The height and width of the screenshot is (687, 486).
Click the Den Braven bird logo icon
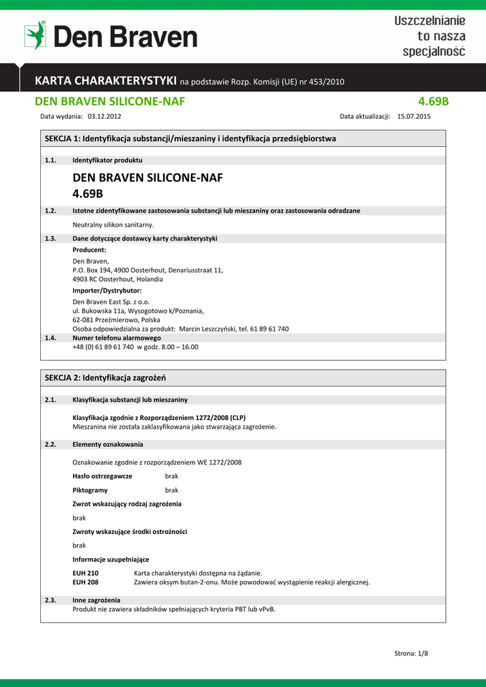(35, 36)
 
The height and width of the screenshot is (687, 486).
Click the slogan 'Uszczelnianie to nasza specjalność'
(430, 36)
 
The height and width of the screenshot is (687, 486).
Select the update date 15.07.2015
(414, 116)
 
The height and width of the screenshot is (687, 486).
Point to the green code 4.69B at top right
(433, 101)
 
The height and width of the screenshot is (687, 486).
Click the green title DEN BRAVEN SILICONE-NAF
(109, 101)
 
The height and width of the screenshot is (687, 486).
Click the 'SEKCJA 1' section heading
(190, 138)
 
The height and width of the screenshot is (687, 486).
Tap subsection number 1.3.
(50, 238)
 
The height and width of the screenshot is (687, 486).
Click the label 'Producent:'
(89, 250)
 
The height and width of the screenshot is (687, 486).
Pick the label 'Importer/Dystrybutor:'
(107, 290)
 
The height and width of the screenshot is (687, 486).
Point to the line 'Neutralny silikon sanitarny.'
(113, 224)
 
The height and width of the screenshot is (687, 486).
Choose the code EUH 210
(85, 573)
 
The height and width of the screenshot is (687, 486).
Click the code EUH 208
(85, 582)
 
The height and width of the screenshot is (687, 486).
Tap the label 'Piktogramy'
(90, 490)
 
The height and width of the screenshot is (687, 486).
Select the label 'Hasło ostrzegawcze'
(102, 476)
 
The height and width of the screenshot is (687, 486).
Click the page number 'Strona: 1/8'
(410, 653)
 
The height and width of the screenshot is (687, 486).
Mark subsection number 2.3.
(50, 600)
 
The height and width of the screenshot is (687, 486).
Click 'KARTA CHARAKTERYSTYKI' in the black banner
(106, 81)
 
